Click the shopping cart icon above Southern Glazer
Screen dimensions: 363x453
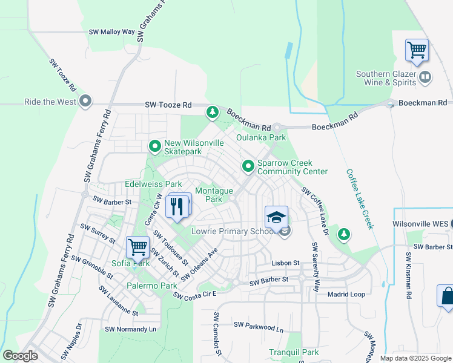coord(417,50)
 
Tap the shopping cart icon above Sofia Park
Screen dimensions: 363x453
coord(137,247)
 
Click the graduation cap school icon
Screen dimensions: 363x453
coord(276,217)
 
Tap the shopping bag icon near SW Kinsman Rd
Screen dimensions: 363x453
coord(447,296)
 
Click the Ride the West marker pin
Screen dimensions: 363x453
coord(85,101)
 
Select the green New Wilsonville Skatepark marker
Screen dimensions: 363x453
coord(155,146)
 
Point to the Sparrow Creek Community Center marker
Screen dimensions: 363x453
coord(248,166)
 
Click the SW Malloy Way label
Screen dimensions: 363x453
coord(112,31)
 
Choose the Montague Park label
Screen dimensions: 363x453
coord(214,194)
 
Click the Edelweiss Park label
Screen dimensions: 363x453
coord(153,184)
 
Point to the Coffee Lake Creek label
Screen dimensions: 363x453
coord(360,198)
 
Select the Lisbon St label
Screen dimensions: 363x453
coord(285,263)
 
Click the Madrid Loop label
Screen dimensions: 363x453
coord(346,294)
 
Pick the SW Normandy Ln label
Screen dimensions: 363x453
coord(131,329)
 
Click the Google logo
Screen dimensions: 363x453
coord(20,356)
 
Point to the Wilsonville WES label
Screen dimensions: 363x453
coord(420,223)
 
